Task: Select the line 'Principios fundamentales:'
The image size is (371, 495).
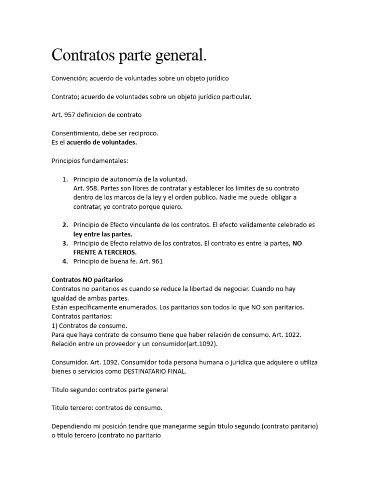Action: [90, 160]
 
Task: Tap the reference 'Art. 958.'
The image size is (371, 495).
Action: [86, 188]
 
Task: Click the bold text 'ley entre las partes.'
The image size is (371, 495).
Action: [102, 234]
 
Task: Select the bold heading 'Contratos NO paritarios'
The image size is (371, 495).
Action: [87, 279]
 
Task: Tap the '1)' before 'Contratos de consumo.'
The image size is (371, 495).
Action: [55, 325]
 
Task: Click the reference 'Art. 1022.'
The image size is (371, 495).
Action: [293, 335]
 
